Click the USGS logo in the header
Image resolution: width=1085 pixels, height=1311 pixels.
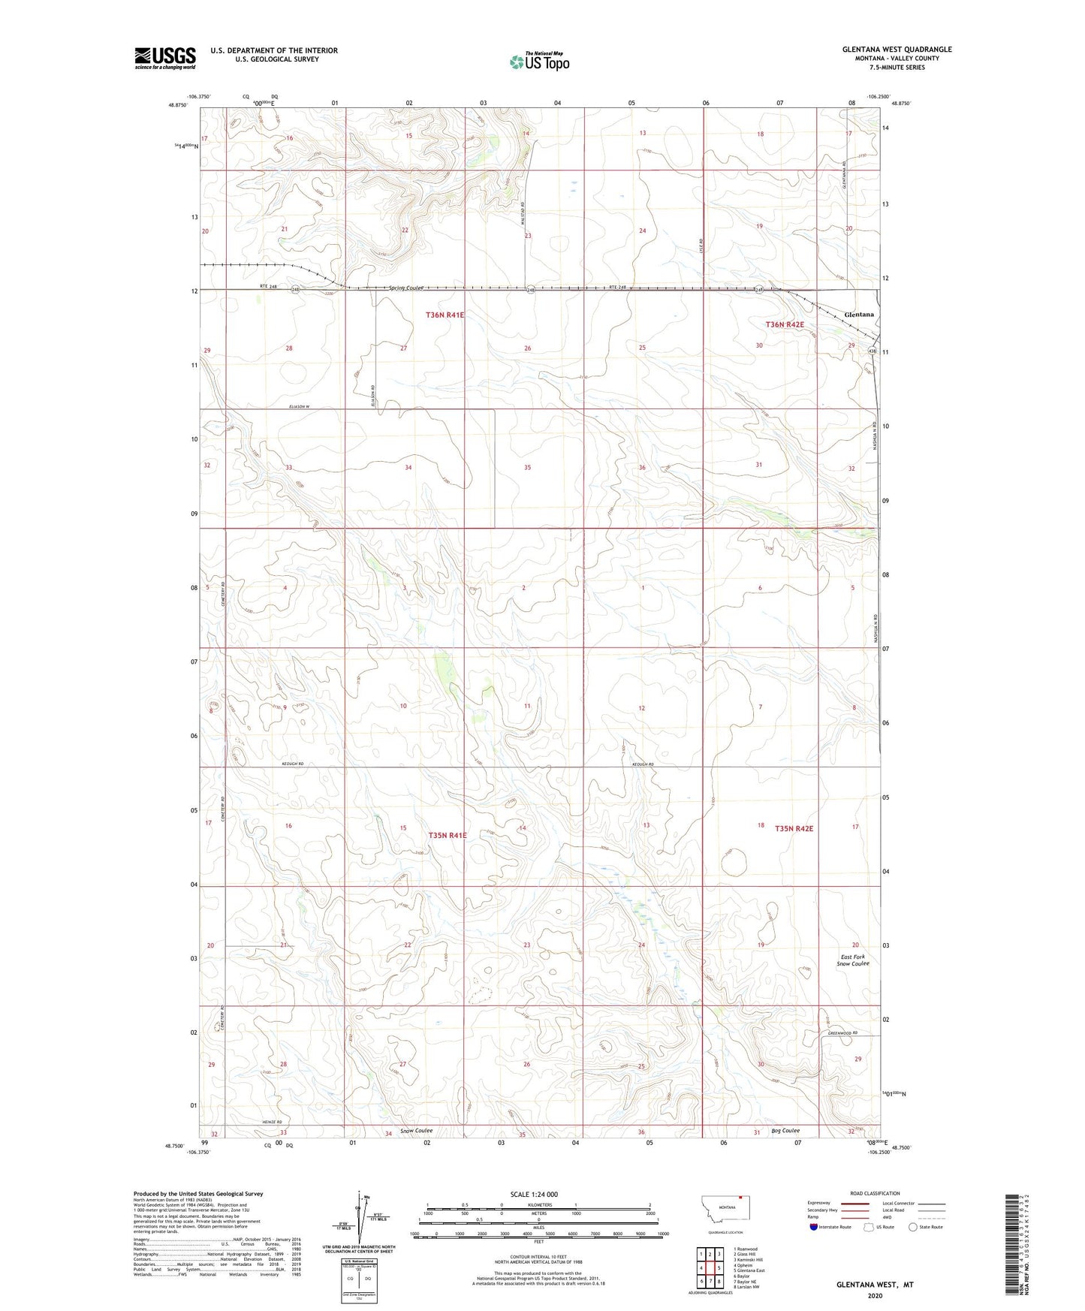tap(165, 58)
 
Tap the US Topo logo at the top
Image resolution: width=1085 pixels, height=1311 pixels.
tap(539, 61)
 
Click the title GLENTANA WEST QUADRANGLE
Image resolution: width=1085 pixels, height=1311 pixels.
tap(897, 50)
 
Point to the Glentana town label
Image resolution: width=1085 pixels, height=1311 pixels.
tap(859, 315)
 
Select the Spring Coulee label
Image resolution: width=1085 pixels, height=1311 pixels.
tap(406, 288)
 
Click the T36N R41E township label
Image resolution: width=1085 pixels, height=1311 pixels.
tap(445, 315)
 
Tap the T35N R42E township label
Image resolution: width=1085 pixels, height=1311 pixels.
tap(794, 829)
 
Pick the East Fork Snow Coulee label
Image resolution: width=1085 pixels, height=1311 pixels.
tap(854, 960)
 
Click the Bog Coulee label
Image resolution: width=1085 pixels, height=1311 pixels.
tap(785, 1131)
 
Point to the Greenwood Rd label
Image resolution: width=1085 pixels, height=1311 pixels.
tap(842, 1033)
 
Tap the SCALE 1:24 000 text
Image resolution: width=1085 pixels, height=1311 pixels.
tap(534, 1194)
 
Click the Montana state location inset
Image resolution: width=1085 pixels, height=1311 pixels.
tap(725, 1208)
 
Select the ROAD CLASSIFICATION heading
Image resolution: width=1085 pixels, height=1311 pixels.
tap(876, 1193)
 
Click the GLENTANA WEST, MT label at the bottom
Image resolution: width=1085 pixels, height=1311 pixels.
tap(875, 1285)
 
